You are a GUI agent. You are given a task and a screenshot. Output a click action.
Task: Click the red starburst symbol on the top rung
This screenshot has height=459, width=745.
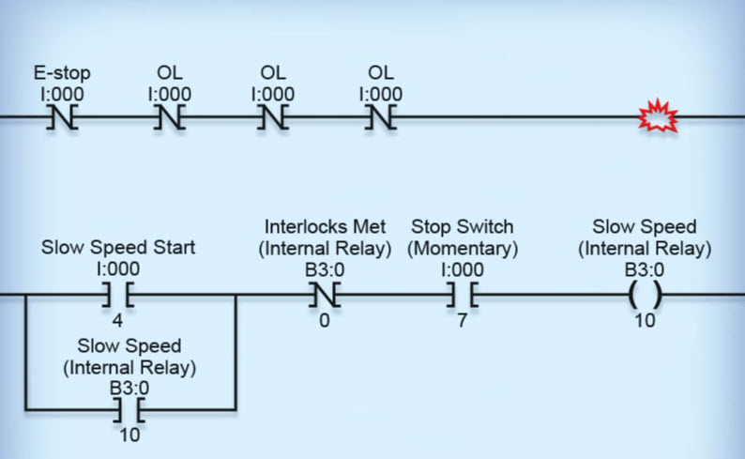click(x=658, y=117)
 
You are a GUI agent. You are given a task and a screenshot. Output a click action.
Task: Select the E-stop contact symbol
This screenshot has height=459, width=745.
click(x=62, y=117)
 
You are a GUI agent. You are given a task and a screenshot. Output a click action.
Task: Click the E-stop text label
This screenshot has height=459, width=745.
click(x=62, y=73)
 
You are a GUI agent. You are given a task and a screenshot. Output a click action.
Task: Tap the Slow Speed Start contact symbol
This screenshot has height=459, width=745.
click(x=117, y=295)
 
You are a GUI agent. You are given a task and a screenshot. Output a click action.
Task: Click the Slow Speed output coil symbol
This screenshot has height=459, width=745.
click(x=645, y=295)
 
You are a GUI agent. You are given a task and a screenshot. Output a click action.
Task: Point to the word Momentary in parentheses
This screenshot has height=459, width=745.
click(x=464, y=248)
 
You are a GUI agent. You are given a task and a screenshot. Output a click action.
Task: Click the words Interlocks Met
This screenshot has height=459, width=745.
click(x=327, y=227)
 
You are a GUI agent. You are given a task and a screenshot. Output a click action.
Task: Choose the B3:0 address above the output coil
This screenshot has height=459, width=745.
click(x=645, y=269)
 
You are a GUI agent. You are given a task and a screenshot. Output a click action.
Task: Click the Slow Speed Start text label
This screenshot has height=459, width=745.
click(x=118, y=248)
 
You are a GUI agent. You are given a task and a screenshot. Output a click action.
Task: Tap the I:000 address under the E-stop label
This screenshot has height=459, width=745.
click(x=62, y=94)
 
